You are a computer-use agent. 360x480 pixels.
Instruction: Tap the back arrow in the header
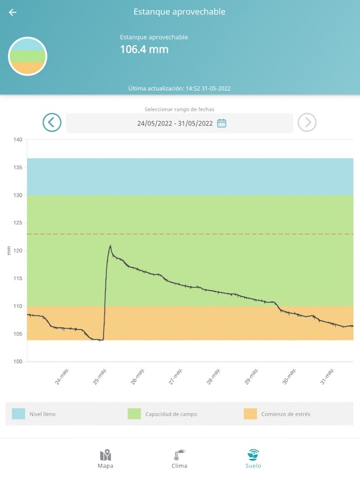tap(13, 12)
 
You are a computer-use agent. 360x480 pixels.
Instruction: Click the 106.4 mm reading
tap(144, 49)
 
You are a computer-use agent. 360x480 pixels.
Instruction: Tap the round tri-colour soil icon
tap(28, 56)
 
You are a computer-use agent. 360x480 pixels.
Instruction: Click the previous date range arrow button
tap(52, 122)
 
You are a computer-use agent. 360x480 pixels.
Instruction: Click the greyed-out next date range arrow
tap(307, 122)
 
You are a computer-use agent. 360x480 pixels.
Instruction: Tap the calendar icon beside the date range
tap(221, 123)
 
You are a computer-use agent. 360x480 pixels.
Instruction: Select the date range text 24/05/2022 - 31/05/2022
tap(175, 123)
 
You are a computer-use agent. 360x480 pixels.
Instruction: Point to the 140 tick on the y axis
tap(18, 140)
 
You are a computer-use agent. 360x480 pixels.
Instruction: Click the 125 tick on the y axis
tap(18, 223)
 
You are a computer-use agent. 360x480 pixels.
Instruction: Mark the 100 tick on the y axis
tap(18, 361)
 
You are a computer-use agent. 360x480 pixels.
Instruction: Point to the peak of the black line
tap(110, 245)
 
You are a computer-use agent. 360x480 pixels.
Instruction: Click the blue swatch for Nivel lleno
tap(19, 414)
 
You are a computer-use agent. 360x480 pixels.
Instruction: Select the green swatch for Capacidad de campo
tap(134, 414)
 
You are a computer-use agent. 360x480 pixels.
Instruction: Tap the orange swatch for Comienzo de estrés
tap(250, 414)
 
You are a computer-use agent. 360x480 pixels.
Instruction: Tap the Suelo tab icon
tap(253, 454)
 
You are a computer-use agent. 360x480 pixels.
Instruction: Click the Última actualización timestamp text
tap(179, 88)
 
